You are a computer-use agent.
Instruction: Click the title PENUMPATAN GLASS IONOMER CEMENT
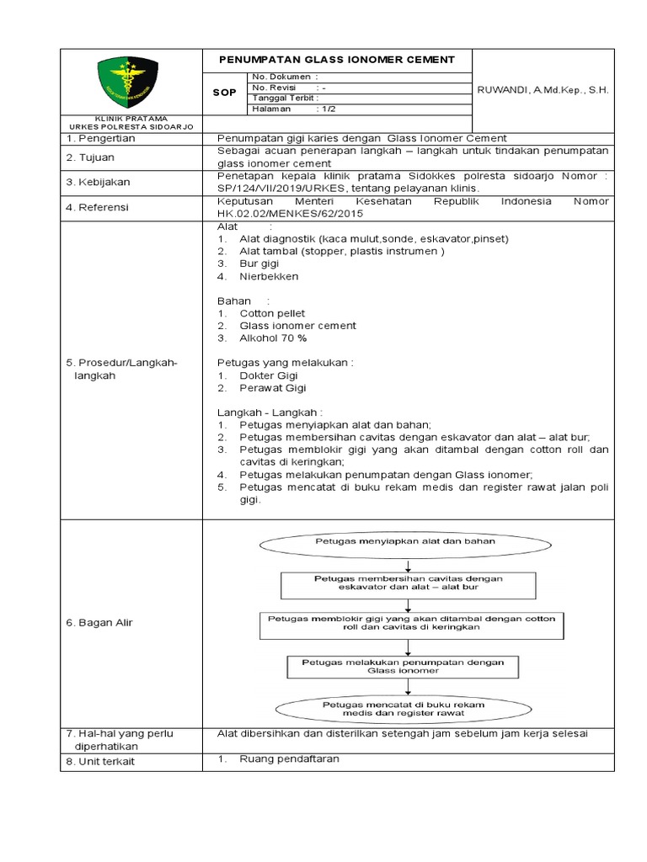coord(336,60)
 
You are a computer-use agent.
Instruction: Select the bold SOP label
coord(223,93)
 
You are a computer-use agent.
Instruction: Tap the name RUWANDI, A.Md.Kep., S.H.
coord(543,89)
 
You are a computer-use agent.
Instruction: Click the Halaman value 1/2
coord(324,109)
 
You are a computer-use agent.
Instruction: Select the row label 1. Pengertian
coord(100,138)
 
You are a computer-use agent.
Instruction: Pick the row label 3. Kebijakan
coord(98,182)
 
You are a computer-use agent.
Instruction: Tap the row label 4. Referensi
coord(99,207)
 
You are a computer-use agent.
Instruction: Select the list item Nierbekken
coord(269,276)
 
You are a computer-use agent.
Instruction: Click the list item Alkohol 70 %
coord(273,338)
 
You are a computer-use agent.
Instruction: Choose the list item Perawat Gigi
coord(273,388)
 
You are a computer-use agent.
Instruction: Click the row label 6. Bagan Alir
coord(99,622)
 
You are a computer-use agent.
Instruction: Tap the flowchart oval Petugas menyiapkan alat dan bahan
coord(404,542)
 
